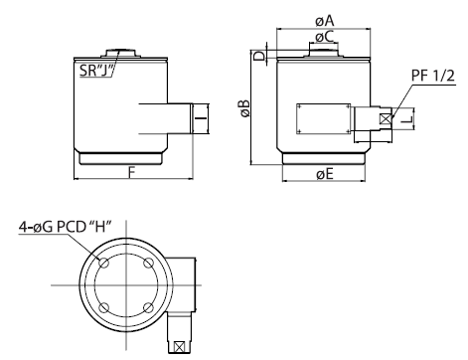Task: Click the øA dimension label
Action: click(x=325, y=21)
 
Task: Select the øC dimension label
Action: click(x=325, y=37)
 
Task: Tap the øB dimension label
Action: click(x=245, y=108)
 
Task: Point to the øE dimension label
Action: click(x=325, y=174)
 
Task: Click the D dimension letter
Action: click(x=259, y=56)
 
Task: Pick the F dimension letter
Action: click(x=132, y=173)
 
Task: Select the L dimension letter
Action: click(x=406, y=119)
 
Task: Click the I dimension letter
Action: click(x=201, y=117)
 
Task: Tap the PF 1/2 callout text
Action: click(x=433, y=76)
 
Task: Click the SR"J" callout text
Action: click(x=96, y=71)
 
